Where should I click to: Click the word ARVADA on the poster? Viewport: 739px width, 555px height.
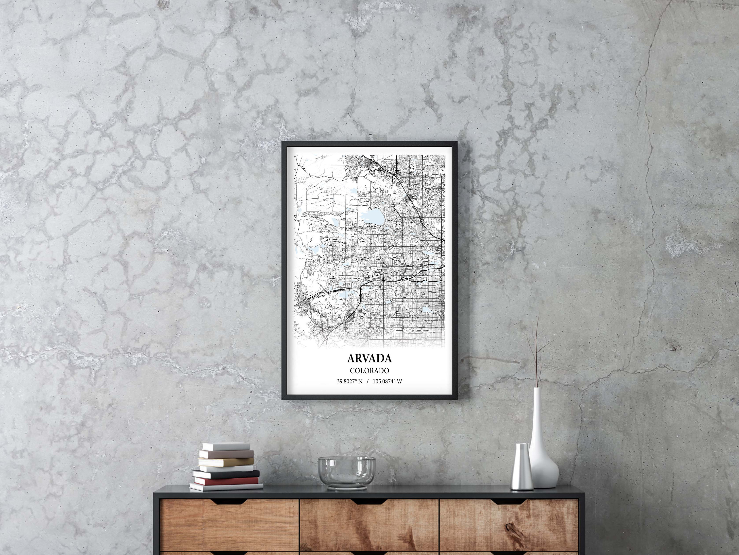[369, 358]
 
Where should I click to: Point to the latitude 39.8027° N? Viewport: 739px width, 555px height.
[350, 381]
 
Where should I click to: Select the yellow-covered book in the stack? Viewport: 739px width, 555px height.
[226, 462]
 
